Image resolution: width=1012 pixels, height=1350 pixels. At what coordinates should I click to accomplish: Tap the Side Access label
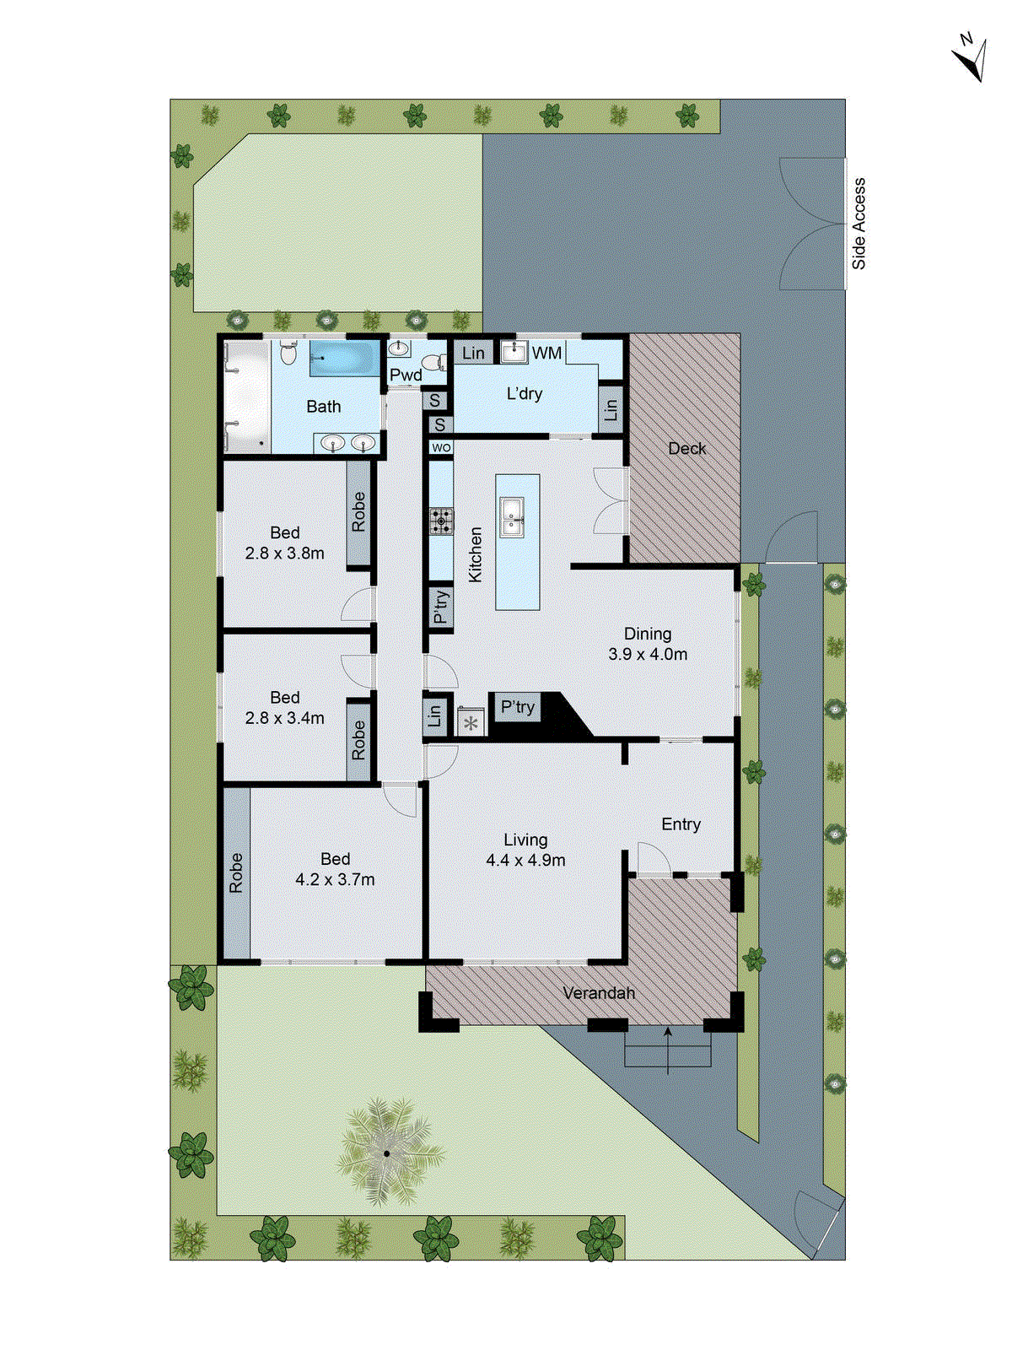[x=859, y=224]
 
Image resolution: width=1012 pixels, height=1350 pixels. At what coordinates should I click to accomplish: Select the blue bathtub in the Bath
[x=344, y=359]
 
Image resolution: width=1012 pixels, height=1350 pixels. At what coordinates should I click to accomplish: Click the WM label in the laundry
[x=546, y=354]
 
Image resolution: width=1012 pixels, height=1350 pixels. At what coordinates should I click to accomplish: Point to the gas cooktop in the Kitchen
[x=440, y=521]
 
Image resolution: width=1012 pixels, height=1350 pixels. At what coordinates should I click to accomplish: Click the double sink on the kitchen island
[x=511, y=517]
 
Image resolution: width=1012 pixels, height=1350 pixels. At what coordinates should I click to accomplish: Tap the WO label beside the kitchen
[x=441, y=448]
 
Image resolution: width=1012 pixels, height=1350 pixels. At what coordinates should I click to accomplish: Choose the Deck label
[x=686, y=449]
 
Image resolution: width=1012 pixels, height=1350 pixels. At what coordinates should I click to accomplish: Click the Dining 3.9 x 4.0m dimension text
[x=648, y=653]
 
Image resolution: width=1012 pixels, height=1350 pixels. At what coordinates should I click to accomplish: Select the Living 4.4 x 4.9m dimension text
[x=525, y=860]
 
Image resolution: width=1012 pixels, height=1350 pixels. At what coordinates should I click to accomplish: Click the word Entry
[x=681, y=824]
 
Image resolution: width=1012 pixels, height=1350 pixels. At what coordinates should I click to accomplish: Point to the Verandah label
[x=599, y=993]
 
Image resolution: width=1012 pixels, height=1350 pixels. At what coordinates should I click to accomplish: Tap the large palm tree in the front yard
[x=387, y=1153]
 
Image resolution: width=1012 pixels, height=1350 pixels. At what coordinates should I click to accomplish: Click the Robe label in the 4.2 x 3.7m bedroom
[x=236, y=873]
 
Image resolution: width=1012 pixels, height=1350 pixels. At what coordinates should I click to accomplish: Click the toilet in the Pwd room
[x=433, y=363]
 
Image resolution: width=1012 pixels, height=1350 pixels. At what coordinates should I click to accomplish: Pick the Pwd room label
[x=406, y=375]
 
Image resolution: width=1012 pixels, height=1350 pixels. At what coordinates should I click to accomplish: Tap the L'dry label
[x=525, y=394]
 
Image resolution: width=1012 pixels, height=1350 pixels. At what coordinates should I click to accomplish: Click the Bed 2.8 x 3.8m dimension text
[x=285, y=553]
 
